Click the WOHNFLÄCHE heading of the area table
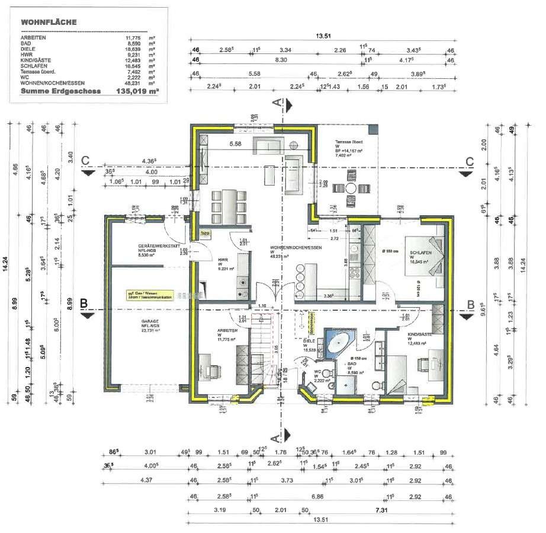[x=48, y=22]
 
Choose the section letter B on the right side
[x=471, y=305]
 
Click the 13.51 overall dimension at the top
[x=322, y=37]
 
